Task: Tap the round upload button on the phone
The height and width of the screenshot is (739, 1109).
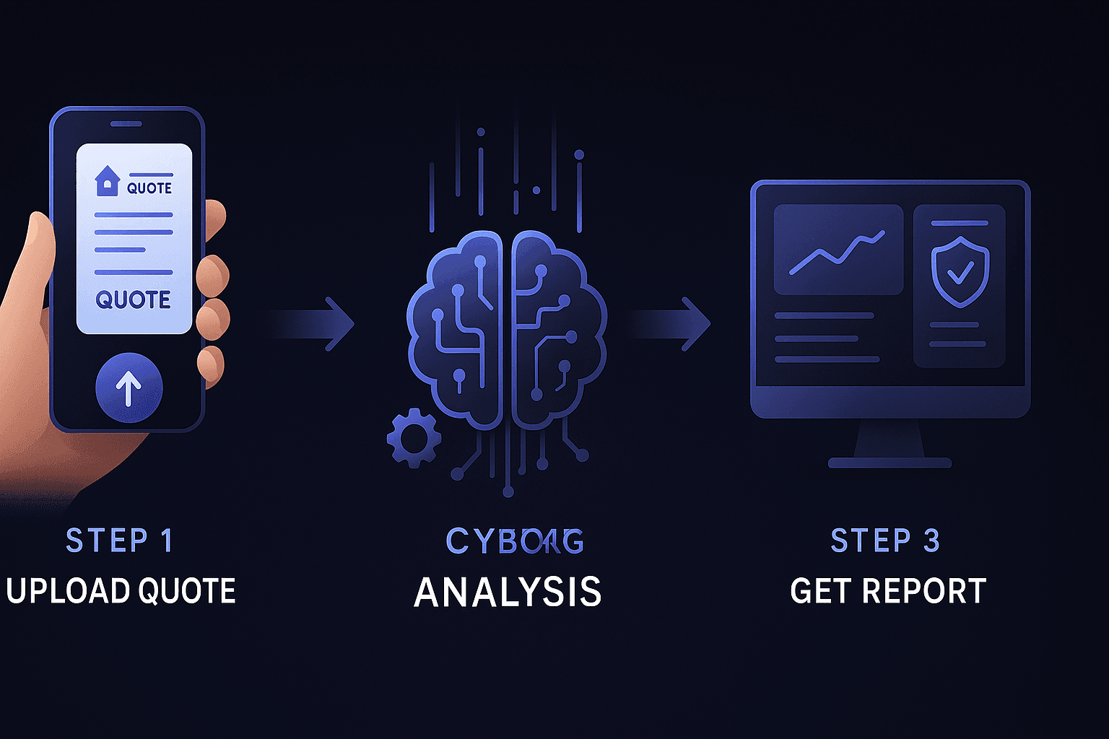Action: (x=129, y=388)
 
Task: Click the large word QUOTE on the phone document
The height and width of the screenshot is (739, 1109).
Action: (x=134, y=299)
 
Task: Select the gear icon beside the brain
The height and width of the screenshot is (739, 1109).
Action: (x=414, y=437)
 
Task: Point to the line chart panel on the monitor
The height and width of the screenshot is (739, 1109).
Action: (x=838, y=250)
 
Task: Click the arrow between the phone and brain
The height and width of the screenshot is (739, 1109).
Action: (x=318, y=323)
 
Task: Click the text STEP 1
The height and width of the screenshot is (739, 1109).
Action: (x=119, y=541)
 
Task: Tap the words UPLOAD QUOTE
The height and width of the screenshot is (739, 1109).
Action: (x=121, y=591)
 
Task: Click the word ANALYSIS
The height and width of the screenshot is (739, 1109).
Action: (x=508, y=592)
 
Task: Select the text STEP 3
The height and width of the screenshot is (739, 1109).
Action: (x=885, y=541)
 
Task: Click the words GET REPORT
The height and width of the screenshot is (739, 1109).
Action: (x=888, y=591)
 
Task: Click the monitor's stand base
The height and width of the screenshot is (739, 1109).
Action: (x=890, y=462)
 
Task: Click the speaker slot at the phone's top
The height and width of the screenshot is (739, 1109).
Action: (x=126, y=124)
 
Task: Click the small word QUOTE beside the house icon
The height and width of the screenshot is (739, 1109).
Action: (x=149, y=188)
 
